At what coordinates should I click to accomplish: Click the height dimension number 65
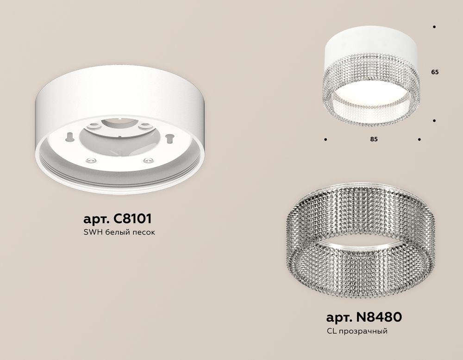point(434,72)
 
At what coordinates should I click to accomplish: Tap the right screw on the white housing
point(148,161)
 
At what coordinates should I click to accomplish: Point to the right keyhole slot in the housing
point(170,137)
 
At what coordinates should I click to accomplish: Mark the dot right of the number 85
point(419,139)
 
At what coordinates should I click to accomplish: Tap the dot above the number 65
point(434,27)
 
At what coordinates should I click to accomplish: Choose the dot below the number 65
point(434,121)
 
